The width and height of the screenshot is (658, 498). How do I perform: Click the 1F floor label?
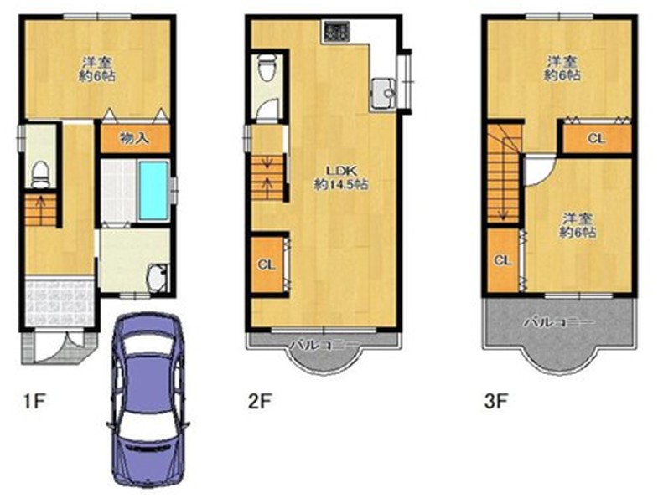pos(34,402)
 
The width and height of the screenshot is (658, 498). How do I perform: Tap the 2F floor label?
pos(260,402)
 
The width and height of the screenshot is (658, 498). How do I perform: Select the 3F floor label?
pos(496,402)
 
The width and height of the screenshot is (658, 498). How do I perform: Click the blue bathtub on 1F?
pos(153,190)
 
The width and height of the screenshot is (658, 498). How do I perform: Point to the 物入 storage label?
pos(134,138)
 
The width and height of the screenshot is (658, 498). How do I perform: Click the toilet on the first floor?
pos(41,174)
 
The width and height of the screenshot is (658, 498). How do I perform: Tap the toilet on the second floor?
pos(266,67)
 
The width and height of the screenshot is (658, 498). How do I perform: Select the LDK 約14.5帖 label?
pos(341,177)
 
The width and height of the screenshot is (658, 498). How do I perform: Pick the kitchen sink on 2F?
pos(383,93)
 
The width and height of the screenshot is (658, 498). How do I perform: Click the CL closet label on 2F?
pos(267,264)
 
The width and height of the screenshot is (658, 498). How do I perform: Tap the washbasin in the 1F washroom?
pos(158,278)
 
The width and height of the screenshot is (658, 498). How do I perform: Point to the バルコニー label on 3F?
pos(558,322)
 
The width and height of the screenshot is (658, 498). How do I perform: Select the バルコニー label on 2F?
pos(324,345)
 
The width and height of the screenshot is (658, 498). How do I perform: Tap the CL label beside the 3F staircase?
pos(503,261)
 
